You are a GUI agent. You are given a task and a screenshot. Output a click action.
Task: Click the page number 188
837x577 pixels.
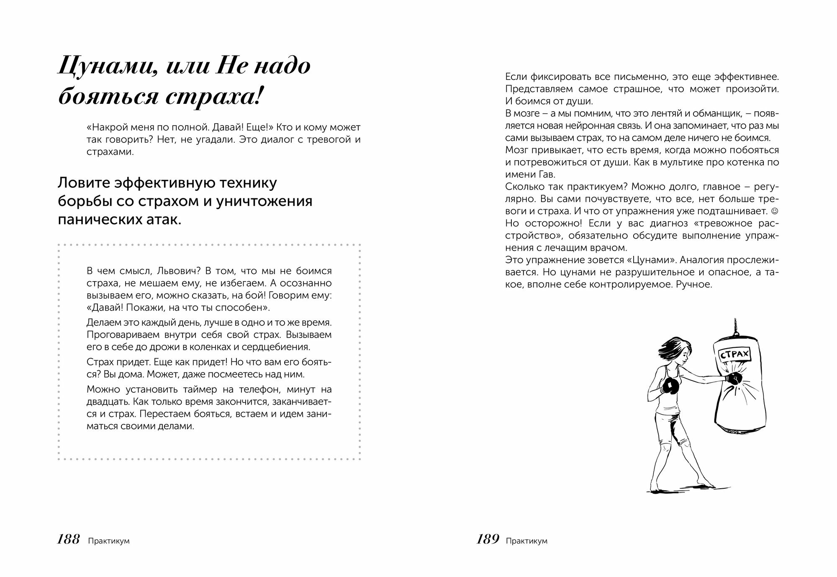(x=68, y=540)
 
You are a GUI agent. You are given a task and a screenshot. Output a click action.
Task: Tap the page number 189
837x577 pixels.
(x=488, y=540)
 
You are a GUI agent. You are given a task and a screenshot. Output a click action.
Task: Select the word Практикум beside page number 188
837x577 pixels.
(x=109, y=541)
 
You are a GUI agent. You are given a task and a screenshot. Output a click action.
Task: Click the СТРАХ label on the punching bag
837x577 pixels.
(x=734, y=355)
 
